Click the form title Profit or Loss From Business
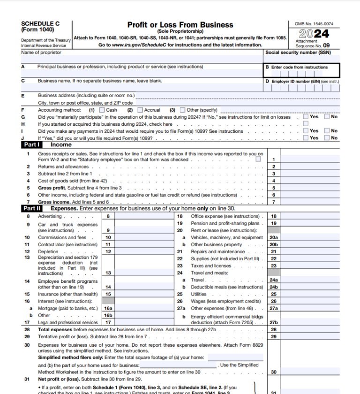tap(180, 25)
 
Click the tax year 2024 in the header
tap(314, 34)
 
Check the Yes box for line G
tap(305, 117)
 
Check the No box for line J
tap(327, 138)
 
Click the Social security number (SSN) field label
tap(298, 53)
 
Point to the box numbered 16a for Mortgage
tap(108, 308)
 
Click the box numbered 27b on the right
tap(274, 322)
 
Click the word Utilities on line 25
tap(199, 294)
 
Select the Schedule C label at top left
tap(40, 24)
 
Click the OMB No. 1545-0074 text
tap(314, 23)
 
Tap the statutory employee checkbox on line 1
tap(258, 159)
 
